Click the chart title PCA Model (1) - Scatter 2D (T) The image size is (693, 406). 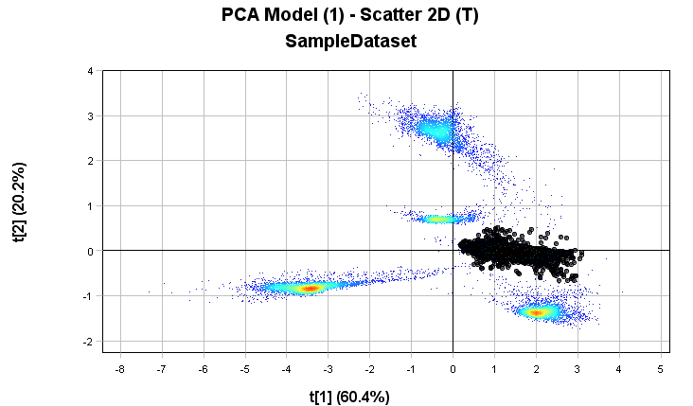click(351, 16)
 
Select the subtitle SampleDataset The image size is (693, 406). click(351, 42)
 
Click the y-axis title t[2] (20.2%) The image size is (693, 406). click(20, 203)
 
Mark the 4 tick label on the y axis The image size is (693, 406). click(89, 71)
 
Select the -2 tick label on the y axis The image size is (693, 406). click(87, 342)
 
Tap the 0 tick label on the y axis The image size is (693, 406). click(89, 251)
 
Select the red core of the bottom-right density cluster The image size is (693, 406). click(537, 311)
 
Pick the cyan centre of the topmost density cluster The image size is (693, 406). click(436, 131)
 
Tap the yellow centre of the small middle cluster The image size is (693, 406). click(436, 219)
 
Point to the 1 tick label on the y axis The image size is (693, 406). click(89, 206)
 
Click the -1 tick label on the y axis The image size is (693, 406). click(87, 296)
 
